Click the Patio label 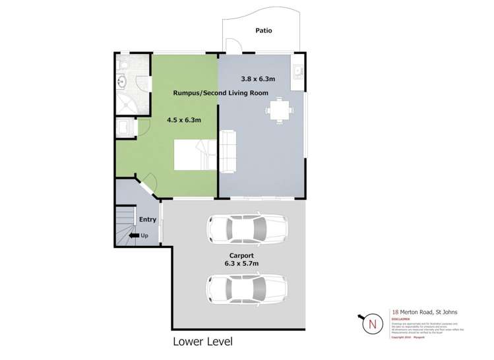coord(263,30)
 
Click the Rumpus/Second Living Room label coord(220,93)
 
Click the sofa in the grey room coord(228,150)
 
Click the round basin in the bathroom coord(122,82)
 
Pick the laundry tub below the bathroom coord(123,128)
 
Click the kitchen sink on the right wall coord(299,71)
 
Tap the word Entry coord(147,220)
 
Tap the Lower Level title coord(202,342)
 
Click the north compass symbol coord(373,324)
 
